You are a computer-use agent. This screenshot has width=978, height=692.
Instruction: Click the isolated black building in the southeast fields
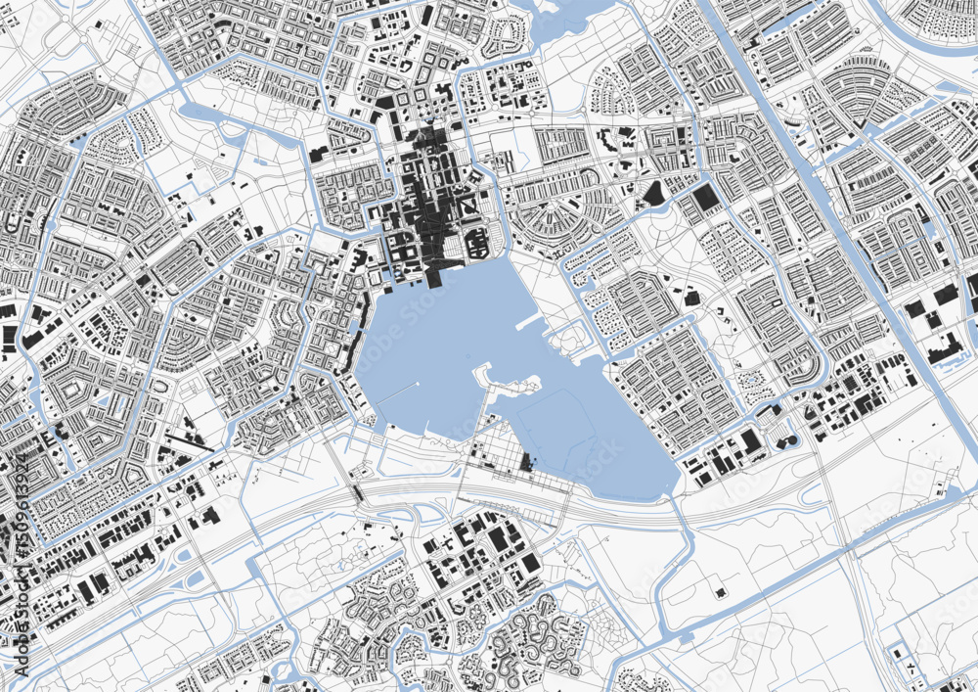pyautogui.click(x=721, y=592)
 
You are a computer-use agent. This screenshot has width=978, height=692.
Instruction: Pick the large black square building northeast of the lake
pyautogui.click(x=705, y=201)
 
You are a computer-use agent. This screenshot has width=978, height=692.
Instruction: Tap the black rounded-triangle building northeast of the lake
pyautogui.click(x=652, y=193)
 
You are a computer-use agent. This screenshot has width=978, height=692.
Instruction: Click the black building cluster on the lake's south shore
pyautogui.click(x=528, y=462)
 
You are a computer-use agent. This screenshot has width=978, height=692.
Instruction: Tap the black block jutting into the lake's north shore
pyautogui.click(x=433, y=276)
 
